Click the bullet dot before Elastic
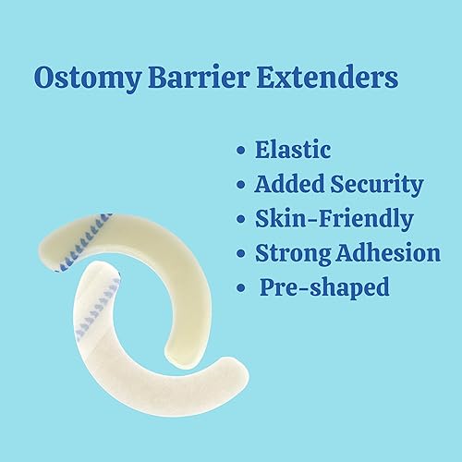coord(242,151)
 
